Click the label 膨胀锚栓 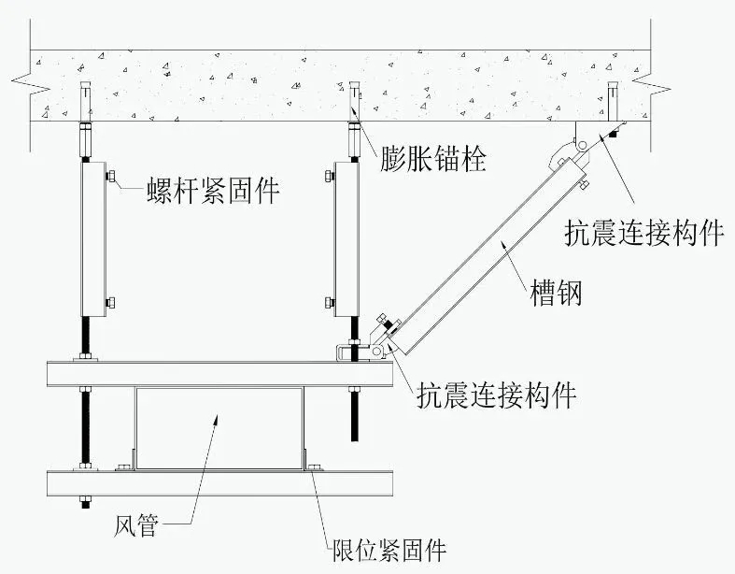tap(432, 159)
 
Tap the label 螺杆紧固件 tap(213, 190)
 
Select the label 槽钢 tap(556, 293)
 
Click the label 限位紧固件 tap(389, 549)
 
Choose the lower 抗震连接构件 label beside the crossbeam tap(497, 395)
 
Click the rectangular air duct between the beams tap(219, 428)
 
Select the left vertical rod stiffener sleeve tap(93, 239)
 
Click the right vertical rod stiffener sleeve tap(346, 239)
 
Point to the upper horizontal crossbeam tap(219, 374)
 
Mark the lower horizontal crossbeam tap(219, 483)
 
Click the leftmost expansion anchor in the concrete tap(85, 101)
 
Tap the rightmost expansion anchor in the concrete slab tap(612, 101)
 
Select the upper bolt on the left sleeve tap(111, 176)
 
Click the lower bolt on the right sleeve tap(329, 303)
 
